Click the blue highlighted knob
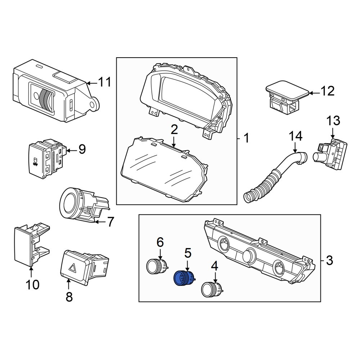[x=184, y=278]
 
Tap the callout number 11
[x=105, y=82]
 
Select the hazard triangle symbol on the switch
[x=73, y=267]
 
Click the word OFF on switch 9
[x=35, y=165]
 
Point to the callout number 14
[x=295, y=136]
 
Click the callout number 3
[x=329, y=261]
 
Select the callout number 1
[x=246, y=139]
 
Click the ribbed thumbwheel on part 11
[x=45, y=99]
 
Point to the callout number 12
[x=328, y=91]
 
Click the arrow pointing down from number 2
[x=174, y=141]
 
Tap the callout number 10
[x=33, y=285]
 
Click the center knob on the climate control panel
[x=249, y=254]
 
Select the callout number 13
[x=333, y=121]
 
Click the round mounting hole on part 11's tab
[x=93, y=105]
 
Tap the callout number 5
[x=188, y=253]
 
